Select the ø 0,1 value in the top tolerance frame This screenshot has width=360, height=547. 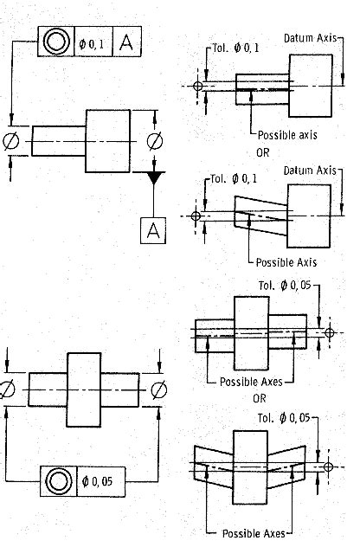click(92, 44)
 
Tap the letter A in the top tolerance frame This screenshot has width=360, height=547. click(126, 42)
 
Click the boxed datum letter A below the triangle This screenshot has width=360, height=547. click(153, 230)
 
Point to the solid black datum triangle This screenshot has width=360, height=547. click(153, 177)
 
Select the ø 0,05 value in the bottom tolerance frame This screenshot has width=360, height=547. click(97, 481)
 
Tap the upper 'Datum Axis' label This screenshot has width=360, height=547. click(310, 38)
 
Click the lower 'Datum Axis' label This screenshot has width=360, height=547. click(310, 171)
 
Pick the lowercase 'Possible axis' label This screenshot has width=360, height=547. click(287, 135)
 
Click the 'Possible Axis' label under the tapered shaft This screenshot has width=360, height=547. click(286, 262)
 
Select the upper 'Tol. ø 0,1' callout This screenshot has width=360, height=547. click(235, 48)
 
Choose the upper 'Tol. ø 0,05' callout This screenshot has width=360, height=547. click(285, 286)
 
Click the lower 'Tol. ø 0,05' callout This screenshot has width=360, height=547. click(284, 418)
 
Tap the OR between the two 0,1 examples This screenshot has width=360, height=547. click(263, 153)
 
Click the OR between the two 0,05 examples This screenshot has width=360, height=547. click(260, 398)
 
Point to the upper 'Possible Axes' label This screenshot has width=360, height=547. click(251, 382)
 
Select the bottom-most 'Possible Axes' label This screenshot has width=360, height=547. click(254, 533)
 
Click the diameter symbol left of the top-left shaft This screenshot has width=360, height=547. click(10, 141)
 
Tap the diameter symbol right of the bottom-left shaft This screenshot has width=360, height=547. click(159, 389)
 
